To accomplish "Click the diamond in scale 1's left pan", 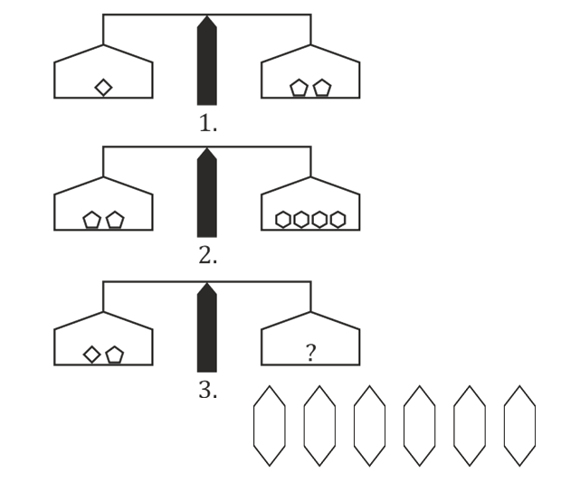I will [x=103, y=87].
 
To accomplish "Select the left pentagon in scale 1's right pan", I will [x=300, y=88].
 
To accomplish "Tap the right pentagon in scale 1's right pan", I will [x=322, y=88].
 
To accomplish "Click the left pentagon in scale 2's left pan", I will [x=91, y=220].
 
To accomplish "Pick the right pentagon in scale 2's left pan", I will [x=114, y=220].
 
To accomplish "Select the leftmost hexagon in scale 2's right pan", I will [x=283, y=219].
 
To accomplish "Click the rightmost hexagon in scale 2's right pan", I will [x=338, y=219].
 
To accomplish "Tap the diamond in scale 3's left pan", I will [x=92, y=354].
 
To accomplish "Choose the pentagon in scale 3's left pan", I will [x=114, y=354].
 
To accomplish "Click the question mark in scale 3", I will [x=310, y=354].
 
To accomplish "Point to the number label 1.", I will [x=208, y=124].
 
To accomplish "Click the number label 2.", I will [x=208, y=256].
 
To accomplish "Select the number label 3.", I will [x=208, y=391].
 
